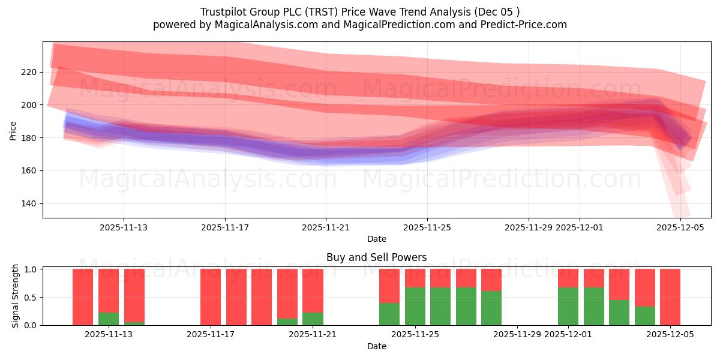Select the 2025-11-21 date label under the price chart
326,227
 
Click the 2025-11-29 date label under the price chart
529,227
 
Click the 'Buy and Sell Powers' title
376,257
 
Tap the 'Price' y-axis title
13,130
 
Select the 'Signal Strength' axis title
16,296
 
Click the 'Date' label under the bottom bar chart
376,346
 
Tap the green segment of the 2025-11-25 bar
415,306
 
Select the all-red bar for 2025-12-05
670,297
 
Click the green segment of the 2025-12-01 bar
568,306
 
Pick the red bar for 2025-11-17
211,297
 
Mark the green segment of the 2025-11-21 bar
313,319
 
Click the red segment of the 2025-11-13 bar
109,290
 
